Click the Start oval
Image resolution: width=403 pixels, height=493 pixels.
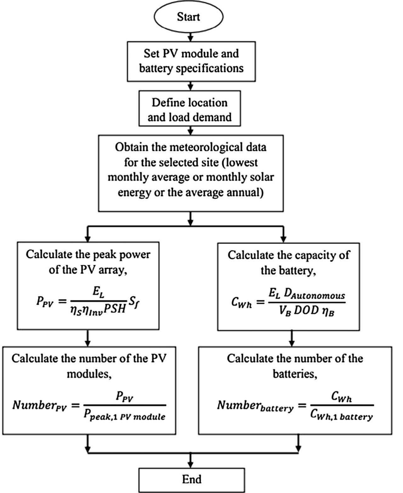[x=188, y=17]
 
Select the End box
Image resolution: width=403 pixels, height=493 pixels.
[x=191, y=479]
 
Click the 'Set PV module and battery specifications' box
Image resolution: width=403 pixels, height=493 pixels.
[x=191, y=61]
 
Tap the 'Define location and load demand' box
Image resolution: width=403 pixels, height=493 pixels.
[x=190, y=110]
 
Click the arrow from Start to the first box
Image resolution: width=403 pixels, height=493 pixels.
[x=190, y=36]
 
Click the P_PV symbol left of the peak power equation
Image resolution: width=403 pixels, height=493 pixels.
[x=45, y=302]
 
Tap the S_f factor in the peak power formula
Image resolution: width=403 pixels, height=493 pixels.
[x=134, y=304]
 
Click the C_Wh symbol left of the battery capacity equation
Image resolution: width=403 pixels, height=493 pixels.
[x=241, y=302]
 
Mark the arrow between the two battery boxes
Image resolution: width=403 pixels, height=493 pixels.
[x=292, y=338]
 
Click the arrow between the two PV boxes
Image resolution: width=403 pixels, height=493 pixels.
[x=88, y=338]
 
